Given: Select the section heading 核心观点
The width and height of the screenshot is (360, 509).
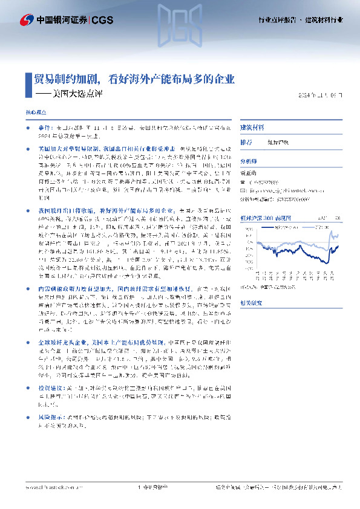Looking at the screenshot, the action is (35, 113).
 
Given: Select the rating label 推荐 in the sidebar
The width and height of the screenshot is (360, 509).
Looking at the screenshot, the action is (246, 143).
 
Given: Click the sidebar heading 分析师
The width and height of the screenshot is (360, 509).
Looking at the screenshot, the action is (249, 161).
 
